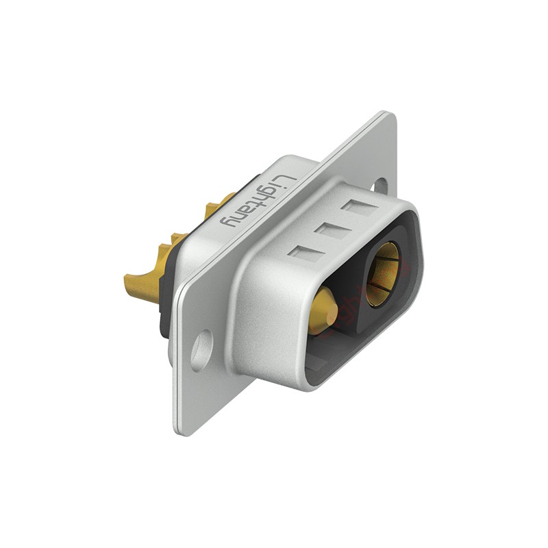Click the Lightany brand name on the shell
[258, 201]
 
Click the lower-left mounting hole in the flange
[202, 350]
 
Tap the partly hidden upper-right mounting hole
[380, 184]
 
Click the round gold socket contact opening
[383, 275]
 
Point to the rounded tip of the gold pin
[334, 310]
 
